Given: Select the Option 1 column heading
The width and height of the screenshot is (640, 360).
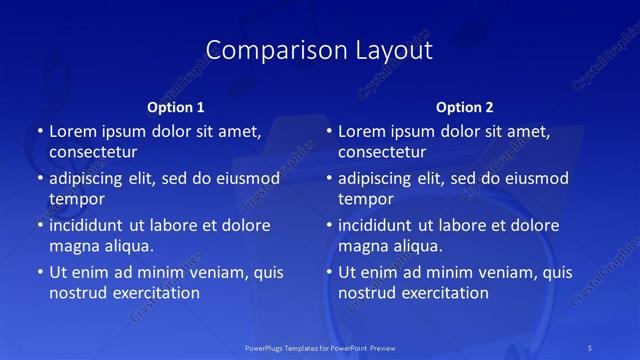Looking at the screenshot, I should [176, 107].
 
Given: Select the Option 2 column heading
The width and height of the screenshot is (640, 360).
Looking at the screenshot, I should [465, 107].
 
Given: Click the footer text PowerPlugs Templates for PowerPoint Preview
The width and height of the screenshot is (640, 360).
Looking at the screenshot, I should [320, 347].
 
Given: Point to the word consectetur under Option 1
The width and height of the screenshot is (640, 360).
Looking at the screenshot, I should [93, 152].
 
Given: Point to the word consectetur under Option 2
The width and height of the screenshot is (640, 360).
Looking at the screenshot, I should [383, 152].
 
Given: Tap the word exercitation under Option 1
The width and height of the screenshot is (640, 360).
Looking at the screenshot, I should [154, 293].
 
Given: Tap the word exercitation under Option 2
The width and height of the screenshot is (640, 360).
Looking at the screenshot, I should [443, 293].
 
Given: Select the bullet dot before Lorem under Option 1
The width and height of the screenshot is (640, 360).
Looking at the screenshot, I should [38, 131].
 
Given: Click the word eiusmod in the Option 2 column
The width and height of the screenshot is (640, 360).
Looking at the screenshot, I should [537, 178].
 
